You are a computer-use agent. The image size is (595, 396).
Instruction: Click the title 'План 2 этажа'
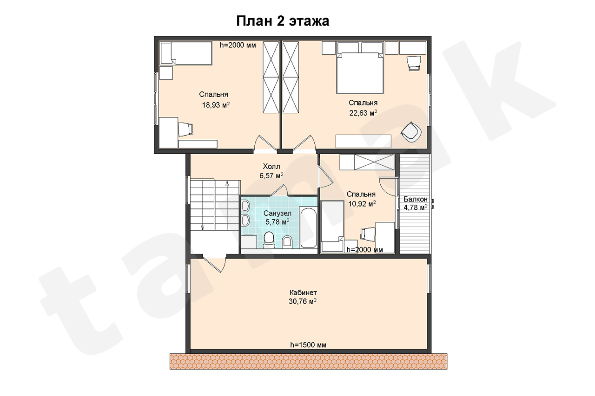pos(283,21)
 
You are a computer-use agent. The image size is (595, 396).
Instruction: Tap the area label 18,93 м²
pos(216,105)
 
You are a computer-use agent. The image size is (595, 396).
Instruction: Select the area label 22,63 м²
pos(363,113)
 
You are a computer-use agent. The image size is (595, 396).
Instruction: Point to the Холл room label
pos(271,166)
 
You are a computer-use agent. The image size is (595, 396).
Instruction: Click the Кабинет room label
pos(303,292)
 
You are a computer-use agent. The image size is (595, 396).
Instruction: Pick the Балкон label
pos(416,199)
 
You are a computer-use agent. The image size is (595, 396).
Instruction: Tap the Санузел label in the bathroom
pos(278,213)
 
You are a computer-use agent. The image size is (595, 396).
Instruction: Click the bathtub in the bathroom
pos(308,228)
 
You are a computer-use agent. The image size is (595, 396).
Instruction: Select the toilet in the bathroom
pos(269,240)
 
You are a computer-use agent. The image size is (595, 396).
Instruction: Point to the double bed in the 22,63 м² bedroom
pos(360,73)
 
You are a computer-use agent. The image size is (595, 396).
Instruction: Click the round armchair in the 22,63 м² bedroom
pos(411,132)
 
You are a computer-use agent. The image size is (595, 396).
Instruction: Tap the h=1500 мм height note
pos(308,345)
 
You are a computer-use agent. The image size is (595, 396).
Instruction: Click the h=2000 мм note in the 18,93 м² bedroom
pos(238,45)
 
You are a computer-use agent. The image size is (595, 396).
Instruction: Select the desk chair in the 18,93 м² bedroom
pos(185,130)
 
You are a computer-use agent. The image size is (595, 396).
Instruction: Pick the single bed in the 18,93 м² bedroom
pos(186,53)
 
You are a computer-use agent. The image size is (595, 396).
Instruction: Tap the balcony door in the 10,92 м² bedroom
pos(388,187)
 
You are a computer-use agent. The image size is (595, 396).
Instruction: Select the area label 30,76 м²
pos(303,301)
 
